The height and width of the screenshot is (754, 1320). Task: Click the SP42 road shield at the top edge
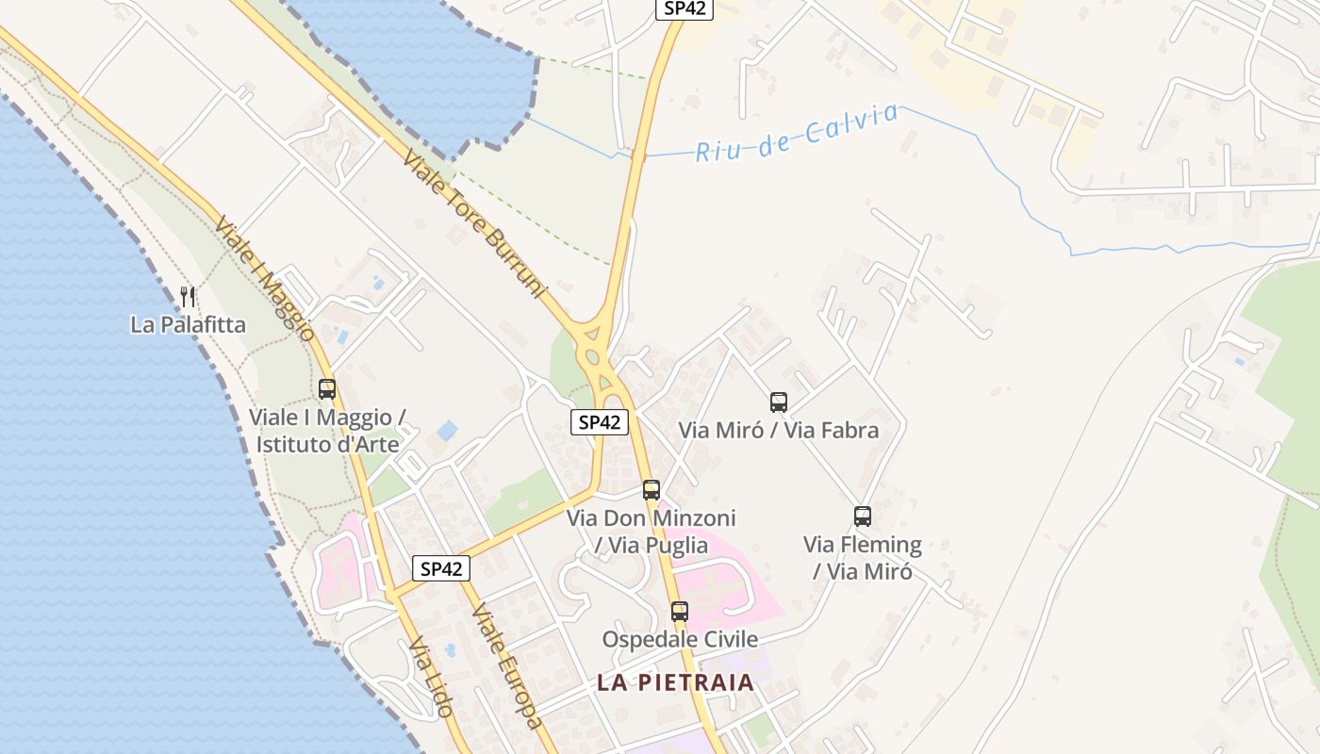(685, 8)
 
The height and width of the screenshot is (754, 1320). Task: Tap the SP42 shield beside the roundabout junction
(600, 422)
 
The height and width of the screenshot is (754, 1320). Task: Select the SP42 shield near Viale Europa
(441, 568)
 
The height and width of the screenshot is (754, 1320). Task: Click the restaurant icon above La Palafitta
(188, 297)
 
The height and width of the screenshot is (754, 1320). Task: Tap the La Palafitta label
(188, 325)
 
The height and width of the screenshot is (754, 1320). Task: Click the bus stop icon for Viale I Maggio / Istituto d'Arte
(327, 388)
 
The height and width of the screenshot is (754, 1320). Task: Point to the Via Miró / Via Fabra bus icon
(779, 402)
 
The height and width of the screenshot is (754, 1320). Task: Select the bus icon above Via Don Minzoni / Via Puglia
(652, 490)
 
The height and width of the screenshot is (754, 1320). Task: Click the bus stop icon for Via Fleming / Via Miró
(863, 516)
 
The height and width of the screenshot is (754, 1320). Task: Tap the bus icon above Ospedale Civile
(680, 611)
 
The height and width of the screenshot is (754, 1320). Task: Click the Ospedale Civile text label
(680, 639)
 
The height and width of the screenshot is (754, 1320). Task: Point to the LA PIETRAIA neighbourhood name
(675, 682)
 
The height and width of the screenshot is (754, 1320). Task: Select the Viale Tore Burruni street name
(474, 224)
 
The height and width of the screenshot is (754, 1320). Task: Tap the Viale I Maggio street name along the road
(264, 279)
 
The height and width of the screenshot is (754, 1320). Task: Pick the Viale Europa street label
(507, 665)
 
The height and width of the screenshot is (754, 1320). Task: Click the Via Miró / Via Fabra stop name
(779, 431)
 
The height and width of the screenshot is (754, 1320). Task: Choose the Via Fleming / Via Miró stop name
(863, 558)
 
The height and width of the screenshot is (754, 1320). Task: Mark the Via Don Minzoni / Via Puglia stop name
(652, 532)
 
